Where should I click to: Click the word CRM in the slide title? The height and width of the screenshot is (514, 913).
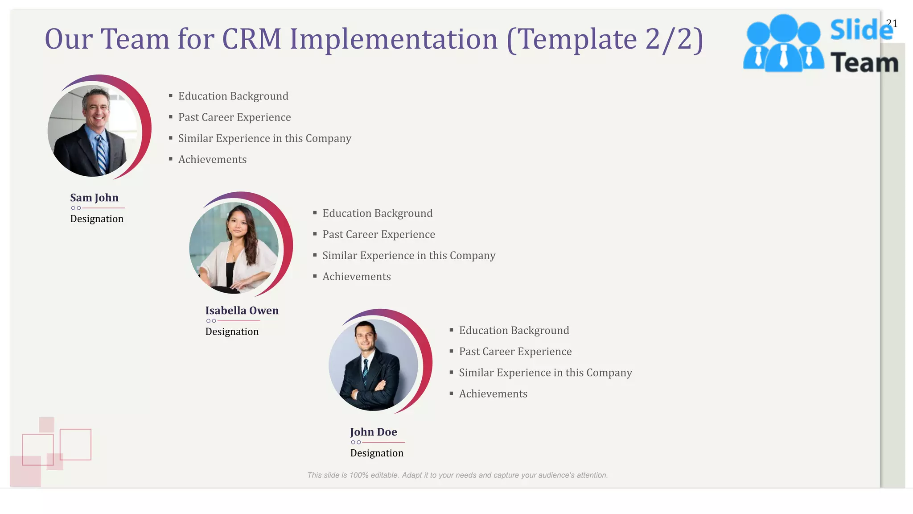[x=251, y=39]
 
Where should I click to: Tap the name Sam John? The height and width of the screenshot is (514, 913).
[x=94, y=198]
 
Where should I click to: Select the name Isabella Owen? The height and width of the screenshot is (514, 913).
[x=242, y=311]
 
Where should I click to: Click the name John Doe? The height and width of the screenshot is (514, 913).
[x=373, y=432]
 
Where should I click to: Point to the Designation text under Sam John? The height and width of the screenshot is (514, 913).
[x=97, y=219]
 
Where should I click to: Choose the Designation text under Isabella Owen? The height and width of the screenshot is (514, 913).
[x=232, y=332]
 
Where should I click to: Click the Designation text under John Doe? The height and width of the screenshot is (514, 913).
[x=377, y=453]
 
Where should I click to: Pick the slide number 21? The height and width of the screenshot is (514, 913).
[x=892, y=23]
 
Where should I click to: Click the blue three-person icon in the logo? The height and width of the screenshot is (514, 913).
[x=783, y=44]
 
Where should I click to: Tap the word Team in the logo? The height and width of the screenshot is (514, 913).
[x=864, y=62]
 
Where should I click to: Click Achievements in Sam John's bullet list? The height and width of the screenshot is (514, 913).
[x=212, y=159]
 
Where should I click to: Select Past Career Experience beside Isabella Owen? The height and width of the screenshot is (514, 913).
[x=378, y=234]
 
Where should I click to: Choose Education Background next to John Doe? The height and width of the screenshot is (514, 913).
[x=514, y=330]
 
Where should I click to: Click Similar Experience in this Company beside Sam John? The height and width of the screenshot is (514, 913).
[x=264, y=138]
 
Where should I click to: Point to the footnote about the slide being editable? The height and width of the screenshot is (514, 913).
[x=457, y=475]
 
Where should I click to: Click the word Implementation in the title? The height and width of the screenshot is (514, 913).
[x=394, y=39]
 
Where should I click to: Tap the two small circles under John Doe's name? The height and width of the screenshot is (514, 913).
[x=356, y=442]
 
